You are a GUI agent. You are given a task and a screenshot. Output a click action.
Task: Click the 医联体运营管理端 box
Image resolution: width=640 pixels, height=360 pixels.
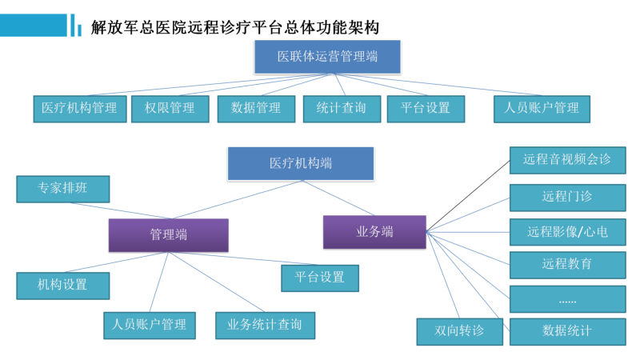327,57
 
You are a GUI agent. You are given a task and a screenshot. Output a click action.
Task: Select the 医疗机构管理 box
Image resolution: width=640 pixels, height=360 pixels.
80,109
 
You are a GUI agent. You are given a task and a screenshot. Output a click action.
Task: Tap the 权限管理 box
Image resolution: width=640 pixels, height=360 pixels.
170,109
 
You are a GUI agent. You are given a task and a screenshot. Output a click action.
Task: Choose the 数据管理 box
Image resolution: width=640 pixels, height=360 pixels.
256,109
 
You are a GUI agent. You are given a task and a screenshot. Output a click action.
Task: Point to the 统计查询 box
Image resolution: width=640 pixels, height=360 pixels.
342,109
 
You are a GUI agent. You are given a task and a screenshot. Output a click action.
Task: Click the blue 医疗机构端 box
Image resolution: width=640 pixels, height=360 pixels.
301,164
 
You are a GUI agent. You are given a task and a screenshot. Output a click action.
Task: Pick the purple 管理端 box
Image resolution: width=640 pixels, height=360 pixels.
169,235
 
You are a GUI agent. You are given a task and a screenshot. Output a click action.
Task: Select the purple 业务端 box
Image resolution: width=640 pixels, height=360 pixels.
374,232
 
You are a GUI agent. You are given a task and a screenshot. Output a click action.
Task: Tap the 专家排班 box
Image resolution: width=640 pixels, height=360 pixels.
63,189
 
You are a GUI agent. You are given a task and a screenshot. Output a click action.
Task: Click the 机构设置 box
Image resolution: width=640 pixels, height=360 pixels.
63,286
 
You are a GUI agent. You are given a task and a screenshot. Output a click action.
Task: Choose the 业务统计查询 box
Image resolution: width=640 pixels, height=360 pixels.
266,326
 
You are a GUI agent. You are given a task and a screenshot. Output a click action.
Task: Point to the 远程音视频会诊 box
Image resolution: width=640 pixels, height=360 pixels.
568,161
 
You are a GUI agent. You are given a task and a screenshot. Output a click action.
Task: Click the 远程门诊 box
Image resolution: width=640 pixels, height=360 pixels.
568,198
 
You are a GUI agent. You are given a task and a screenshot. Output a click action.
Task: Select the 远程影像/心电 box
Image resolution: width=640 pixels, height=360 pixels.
568,232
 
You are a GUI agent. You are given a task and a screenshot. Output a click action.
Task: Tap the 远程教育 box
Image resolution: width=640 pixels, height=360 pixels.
568,265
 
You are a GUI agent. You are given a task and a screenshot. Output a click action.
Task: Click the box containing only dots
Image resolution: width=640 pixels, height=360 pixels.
568,298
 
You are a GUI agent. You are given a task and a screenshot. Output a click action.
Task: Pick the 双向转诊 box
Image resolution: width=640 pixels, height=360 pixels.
459,332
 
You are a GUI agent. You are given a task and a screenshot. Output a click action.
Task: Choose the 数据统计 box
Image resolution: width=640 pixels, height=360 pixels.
568,332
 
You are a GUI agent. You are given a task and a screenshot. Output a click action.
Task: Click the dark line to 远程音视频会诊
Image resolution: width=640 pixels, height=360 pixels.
468,196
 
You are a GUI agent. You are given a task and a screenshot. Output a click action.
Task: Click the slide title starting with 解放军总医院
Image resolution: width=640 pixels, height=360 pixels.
235,28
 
